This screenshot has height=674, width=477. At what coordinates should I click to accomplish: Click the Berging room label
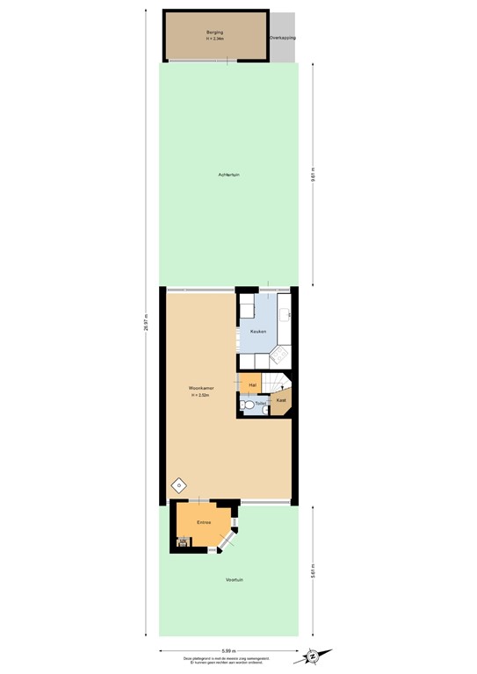pos(215,32)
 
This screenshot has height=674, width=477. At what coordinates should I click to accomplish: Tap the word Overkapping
pos(282,38)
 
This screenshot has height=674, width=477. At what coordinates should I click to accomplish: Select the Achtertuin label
pos(229,175)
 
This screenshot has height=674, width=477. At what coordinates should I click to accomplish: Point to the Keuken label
pos(257,331)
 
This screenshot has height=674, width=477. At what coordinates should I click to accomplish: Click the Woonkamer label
pos(201,388)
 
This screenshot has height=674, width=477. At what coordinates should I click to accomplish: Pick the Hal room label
pos(252,384)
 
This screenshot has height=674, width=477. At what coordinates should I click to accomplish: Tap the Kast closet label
pos(280,400)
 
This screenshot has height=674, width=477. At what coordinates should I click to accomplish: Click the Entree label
pos(204,522)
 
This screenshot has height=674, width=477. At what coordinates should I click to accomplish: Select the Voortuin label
pos(234,580)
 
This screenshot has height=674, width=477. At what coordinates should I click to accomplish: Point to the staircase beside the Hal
pos(279,383)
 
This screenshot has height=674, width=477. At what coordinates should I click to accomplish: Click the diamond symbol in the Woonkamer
pos(177,484)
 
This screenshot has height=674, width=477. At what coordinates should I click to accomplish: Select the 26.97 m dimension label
pos(147,322)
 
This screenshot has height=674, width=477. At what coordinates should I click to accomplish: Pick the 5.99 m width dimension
pos(228,650)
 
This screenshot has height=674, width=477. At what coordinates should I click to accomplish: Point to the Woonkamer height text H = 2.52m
pos(201,396)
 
